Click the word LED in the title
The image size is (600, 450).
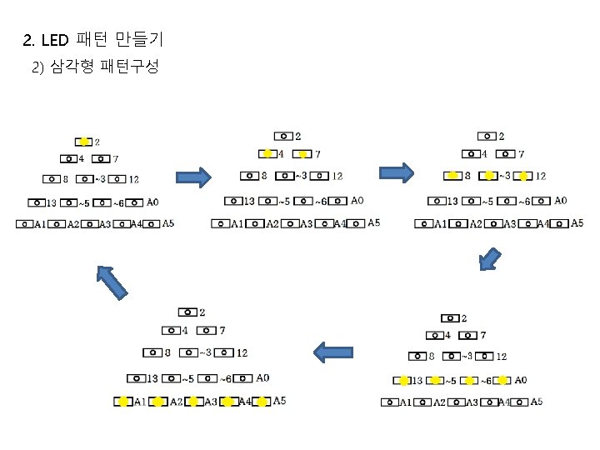[x=57, y=39]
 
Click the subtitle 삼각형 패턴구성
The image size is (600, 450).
[x=104, y=67]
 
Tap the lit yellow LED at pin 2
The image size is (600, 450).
[x=84, y=142]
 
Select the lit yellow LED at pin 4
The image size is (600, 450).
[x=267, y=153]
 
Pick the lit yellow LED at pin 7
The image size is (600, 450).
[x=303, y=153]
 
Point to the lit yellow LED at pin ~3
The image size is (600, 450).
[x=488, y=176]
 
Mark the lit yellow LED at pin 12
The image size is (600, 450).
[x=523, y=176]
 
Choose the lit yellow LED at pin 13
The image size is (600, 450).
[x=403, y=381]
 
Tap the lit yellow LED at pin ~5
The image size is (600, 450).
[x=436, y=381]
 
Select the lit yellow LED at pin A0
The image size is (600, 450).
[x=502, y=381]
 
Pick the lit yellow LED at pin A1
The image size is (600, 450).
[x=123, y=402]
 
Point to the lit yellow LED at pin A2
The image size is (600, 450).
[x=158, y=402]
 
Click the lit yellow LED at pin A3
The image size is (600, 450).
[x=193, y=402]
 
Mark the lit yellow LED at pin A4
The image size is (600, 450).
[x=227, y=402]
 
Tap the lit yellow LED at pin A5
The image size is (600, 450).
[x=262, y=402]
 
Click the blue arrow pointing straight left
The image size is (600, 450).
[x=336, y=352]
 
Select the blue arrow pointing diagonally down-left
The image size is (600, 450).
[x=491, y=259]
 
